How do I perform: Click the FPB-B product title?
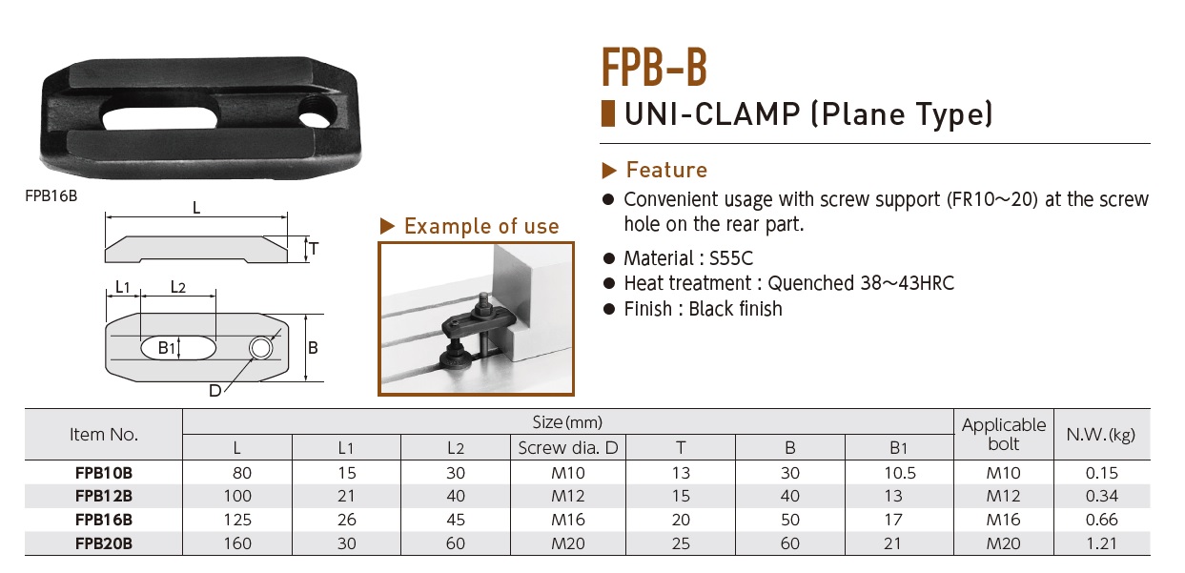pyautogui.click(x=654, y=67)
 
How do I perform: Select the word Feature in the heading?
pyautogui.click(x=666, y=170)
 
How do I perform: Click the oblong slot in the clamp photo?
pyautogui.click(x=160, y=117)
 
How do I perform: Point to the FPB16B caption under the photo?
pyautogui.click(x=51, y=196)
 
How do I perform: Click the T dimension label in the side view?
pyautogui.click(x=315, y=249)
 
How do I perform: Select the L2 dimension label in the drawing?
pyautogui.click(x=178, y=287)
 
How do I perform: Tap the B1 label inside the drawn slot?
pyautogui.click(x=167, y=348)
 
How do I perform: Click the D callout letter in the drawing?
pyautogui.click(x=215, y=391)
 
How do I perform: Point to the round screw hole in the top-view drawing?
pyautogui.click(x=261, y=348)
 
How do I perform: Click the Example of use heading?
pyautogui.click(x=481, y=227)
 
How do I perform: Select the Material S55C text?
pyautogui.click(x=688, y=258)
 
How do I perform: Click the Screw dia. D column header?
pyautogui.click(x=568, y=448)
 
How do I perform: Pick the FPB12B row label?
pyautogui.click(x=104, y=497)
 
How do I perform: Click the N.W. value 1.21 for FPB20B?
pyautogui.click(x=1101, y=543)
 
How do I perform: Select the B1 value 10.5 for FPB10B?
pyautogui.click(x=900, y=473)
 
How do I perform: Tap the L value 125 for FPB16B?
pyautogui.click(x=237, y=520)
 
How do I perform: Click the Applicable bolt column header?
pyautogui.click(x=1004, y=435)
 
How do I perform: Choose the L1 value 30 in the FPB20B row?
pyautogui.click(x=346, y=543)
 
